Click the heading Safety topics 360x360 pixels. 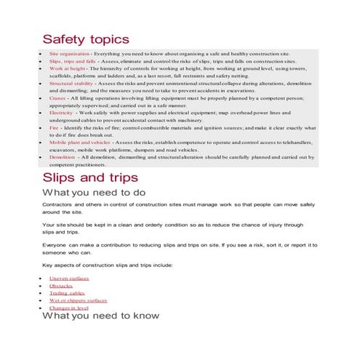(85, 39)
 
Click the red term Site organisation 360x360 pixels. (69, 54)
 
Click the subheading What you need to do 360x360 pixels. (94, 193)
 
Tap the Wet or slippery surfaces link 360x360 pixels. (78, 300)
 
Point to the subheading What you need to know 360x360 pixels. (100, 316)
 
